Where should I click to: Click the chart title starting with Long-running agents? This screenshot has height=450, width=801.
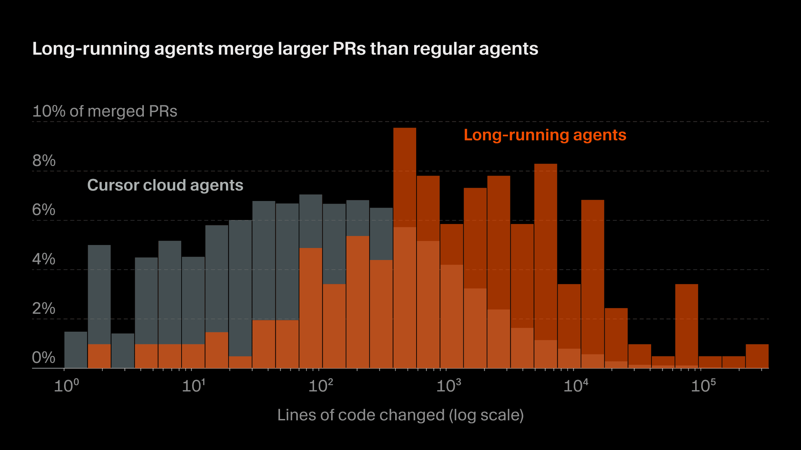[285, 49]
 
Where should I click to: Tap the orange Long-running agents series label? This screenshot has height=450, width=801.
[545, 135]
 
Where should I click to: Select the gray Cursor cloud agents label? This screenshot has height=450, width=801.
[165, 185]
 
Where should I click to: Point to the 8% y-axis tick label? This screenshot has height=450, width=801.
[44, 161]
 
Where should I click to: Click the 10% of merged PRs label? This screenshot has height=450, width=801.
[104, 111]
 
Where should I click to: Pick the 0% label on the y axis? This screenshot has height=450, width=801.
[43, 358]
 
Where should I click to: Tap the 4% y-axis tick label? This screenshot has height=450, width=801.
[43, 259]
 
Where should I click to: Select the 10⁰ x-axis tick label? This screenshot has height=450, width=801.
[66, 386]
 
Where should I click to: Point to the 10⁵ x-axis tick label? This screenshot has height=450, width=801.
[703, 386]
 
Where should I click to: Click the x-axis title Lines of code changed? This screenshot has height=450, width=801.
[400, 415]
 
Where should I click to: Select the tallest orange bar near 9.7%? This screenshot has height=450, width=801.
[405, 177]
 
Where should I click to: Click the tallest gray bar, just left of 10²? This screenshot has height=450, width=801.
[310, 220]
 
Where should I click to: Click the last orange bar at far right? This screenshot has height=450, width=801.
[757, 356]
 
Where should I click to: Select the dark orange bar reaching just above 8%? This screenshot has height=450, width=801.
[545, 250]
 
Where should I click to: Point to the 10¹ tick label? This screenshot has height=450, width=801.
[193, 386]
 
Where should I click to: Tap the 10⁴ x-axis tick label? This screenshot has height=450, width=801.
[575, 386]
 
